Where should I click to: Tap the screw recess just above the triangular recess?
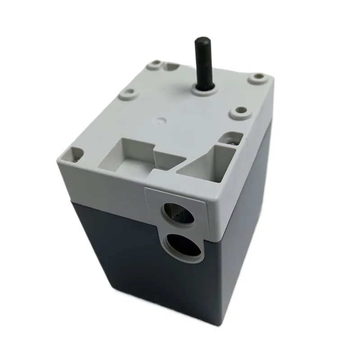(x=233, y=137)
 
